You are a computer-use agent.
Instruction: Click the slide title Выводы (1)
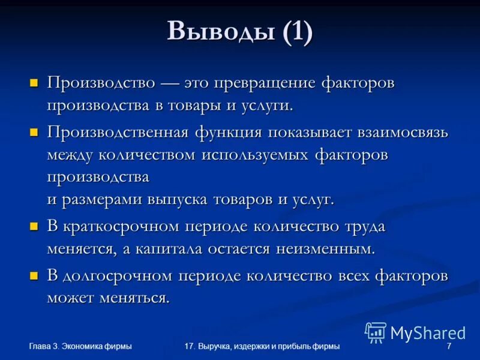pyautogui.click(x=239, y=31)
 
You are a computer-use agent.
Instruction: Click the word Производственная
pyautogui.click(x=117, y=132)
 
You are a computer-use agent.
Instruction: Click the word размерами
pyautogui.click(x=100, y=200)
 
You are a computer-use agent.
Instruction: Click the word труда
pyautogui.click(x=364, y=226)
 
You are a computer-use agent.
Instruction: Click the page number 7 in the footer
pyautogui.click(x=448, y=346)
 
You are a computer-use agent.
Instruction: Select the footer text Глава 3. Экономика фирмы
pyautogui.click(x=80, y=346)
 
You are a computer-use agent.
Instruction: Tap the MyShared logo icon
pyautogui.click(x=376, y=332)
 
